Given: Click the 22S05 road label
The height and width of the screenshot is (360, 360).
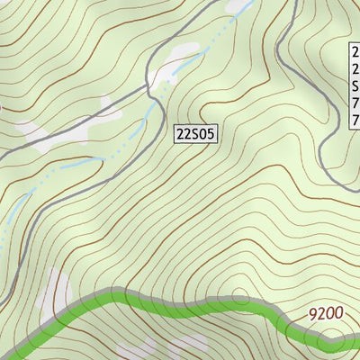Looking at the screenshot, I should click(196, 134).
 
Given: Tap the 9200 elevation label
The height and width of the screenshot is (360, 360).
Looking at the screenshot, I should click(326, 314).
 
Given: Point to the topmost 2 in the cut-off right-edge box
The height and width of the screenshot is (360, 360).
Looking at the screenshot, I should click(355, 53).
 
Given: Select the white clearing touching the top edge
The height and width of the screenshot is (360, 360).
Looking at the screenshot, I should click(238, 6).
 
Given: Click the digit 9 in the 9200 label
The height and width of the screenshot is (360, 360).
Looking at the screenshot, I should click(313, 314).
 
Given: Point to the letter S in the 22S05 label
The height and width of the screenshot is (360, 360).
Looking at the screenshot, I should click(196, 134).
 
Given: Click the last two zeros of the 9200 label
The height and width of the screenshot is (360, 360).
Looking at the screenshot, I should click(336, 314).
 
